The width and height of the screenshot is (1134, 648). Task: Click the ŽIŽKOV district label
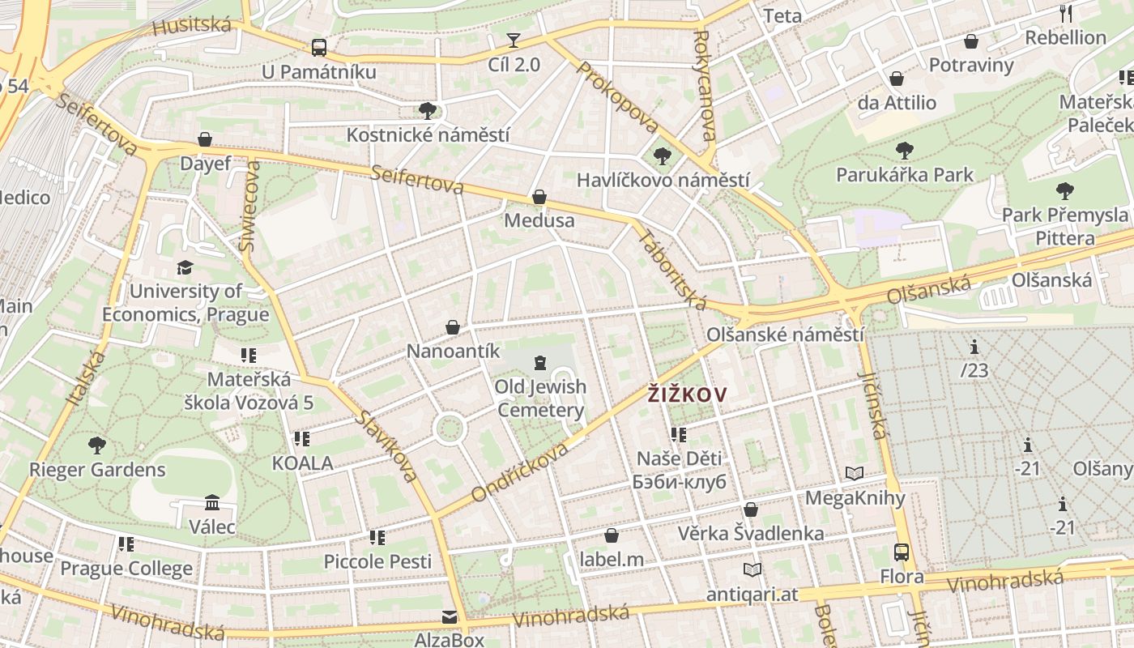click(x=687, y=395)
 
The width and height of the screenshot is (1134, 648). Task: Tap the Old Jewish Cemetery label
click(x=540, y=398)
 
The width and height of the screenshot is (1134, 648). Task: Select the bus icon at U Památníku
click(x=319, y=48)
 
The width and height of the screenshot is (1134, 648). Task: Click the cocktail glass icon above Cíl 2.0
click(x=513, y=40)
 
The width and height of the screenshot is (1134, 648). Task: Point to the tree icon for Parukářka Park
click(x=904, y=151)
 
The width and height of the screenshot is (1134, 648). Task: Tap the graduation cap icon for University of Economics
click(x=185, y=267)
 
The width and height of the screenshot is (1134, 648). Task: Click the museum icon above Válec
click(x=212, y=503)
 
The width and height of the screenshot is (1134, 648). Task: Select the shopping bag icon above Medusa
click(x=539, y=197)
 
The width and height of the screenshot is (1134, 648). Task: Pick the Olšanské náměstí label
click(x=785, y=335)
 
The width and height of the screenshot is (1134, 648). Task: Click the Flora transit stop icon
click(x=902, y=552)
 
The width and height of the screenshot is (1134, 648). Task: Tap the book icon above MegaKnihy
click(x=855, y=473)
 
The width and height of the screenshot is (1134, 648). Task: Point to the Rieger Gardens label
click(x=97, y=470)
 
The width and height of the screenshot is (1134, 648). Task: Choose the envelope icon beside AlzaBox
click(x=450, y=618)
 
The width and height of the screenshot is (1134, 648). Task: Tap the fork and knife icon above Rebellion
click(x=1066, y=14)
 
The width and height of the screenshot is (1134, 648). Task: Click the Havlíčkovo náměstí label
click(x=663, y=180)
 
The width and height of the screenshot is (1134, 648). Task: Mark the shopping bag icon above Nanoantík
click(x=453, y=327)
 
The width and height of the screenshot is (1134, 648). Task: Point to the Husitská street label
click(x=191, y=25)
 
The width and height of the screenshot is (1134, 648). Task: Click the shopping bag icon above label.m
click(x=612, y=535)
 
